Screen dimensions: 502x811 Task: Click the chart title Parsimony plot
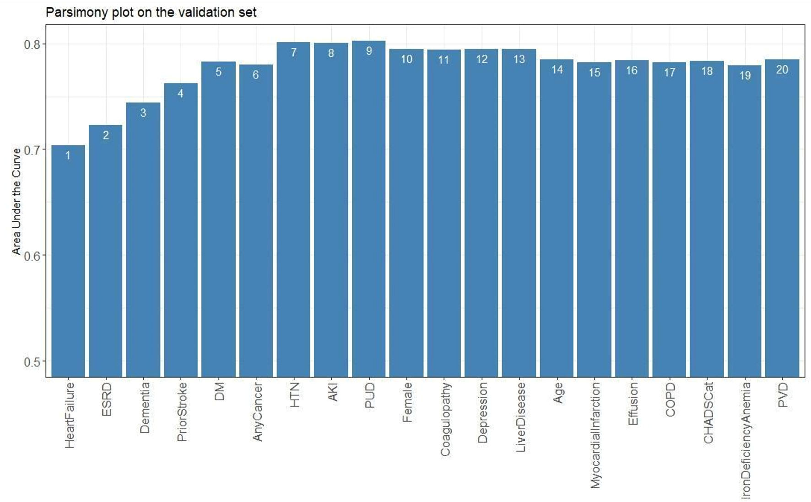151,12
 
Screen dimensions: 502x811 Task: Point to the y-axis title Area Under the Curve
16,201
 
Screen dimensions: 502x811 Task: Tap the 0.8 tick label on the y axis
32,44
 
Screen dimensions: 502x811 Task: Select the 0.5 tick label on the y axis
32,362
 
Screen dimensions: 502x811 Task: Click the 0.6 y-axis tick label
32,256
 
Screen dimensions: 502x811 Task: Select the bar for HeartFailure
68,261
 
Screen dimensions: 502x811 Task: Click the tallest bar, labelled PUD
369,210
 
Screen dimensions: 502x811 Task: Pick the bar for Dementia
143,240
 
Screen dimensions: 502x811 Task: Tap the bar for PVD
782,219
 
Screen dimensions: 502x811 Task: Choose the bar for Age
557,219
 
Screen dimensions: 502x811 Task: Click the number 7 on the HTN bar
294,53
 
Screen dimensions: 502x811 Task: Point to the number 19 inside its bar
745,75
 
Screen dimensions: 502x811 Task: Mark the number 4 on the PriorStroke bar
181,94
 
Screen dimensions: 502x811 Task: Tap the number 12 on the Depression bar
481,59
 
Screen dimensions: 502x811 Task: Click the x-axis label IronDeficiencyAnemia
746,440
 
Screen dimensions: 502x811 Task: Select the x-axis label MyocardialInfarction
595,435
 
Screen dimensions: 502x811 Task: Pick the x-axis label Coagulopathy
445,419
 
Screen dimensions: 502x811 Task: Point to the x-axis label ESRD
106,399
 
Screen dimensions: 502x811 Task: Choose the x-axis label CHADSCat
708,413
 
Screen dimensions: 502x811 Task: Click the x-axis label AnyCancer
257,412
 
